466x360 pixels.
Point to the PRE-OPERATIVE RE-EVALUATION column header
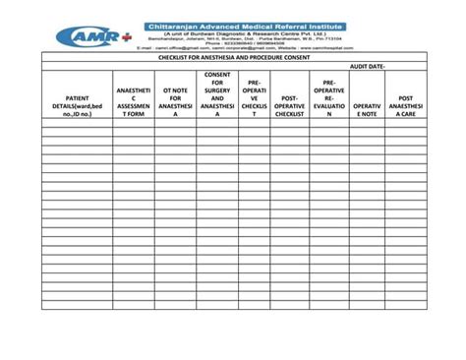click(328, 98)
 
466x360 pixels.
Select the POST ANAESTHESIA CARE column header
click(405, 106)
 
